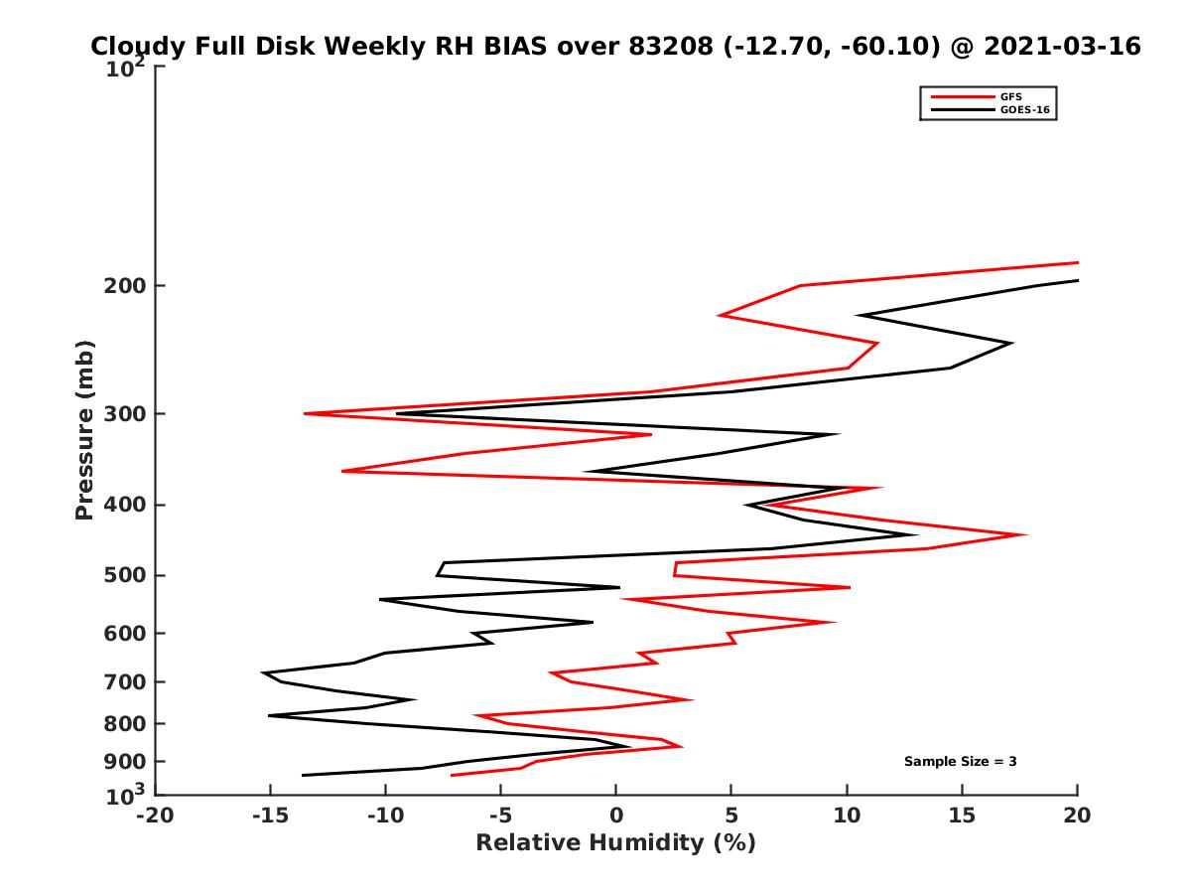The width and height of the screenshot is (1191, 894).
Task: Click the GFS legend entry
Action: (1011, 97)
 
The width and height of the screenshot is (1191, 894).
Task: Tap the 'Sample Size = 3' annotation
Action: (960, 762)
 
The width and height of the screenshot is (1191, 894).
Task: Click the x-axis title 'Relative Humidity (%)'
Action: (615, 843)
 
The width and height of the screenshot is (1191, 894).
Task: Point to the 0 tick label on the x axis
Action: (616, 817)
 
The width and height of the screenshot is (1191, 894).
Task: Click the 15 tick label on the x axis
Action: (962, 817)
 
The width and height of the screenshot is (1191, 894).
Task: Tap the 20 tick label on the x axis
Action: (1077, 817)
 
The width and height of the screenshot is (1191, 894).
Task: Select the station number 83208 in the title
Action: (666, 47)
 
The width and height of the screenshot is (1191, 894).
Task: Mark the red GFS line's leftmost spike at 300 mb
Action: (305, 413)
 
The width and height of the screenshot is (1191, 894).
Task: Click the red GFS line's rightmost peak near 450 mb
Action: (1025, 534)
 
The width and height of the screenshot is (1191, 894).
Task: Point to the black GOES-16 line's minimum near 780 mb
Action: (269, 715)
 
